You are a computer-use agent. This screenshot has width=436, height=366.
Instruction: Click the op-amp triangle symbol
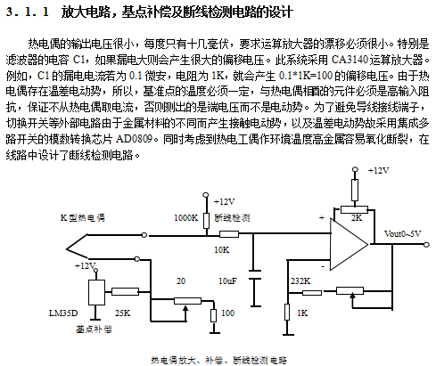pyautogui.click(x=348, y=244)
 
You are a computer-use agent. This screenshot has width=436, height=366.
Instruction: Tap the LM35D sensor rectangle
pyautogui.click(x=96, y=292)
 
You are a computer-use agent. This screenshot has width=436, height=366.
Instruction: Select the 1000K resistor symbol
pyautogui.click(x=206, y=221)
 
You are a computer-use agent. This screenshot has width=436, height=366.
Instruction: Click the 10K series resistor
pyautogui.click(x=229, y=234)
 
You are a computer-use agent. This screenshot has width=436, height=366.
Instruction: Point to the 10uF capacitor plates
pyautogui.click(x=254, y=275)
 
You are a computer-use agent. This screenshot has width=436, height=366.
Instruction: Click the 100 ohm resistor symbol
pyautogui.click(x=213, y=315)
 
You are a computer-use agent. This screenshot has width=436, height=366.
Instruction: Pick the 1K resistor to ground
pyautogui.click(x=287, y=312)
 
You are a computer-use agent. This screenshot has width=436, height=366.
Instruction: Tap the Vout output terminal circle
pyautogui.click(x=426, y=245)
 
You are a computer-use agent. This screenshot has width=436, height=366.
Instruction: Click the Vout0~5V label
pyautogui.click(x=402, y=234)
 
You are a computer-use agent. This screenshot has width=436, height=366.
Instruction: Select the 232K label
pyautogui.click(x=300, y=281)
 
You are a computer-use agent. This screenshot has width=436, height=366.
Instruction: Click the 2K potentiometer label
pyautogui.click(x=357, y=218)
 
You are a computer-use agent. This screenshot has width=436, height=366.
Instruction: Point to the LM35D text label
pyautogui.click(x=63, y=313)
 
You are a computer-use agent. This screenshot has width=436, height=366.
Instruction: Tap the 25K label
pyautogui.click(x=122, y=313)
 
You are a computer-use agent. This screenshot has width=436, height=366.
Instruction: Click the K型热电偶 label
pyautogui.click(x=83, y=218)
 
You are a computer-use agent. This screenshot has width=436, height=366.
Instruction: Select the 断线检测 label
pyautogui.click(x=232, y=218)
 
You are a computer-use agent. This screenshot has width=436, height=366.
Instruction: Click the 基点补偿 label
pyautogui.click(x=94, y=329)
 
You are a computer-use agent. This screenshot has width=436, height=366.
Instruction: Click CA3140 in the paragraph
pyautogui.click(x=350, y=60)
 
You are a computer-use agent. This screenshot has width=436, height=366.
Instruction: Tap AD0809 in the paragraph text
pyautogui.click(x=134, y=139)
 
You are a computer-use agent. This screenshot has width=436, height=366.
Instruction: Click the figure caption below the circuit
pyautogui.click(x=219, y=361)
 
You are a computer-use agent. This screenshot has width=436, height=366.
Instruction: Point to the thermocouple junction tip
pyautogui.click(x=67, y=248)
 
